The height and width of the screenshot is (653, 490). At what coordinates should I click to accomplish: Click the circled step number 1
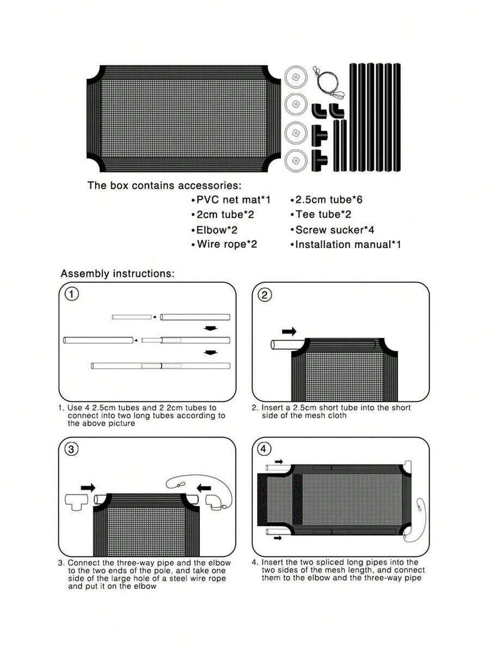(72, 294)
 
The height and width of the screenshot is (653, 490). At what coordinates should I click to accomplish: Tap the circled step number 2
(265, 295)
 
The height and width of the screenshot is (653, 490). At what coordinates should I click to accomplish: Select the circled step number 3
(72, 449)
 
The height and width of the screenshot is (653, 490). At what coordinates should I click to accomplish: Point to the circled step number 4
(264, 449)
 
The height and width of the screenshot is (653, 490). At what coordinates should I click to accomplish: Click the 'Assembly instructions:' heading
(118, 273)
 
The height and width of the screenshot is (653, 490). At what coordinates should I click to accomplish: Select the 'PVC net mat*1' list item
(231, 200)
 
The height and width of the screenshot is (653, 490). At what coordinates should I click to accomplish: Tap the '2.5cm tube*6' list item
(326, 199)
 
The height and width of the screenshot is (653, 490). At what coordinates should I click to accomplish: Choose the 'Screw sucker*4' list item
(332, 230)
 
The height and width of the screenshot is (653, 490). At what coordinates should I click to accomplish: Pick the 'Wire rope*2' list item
(224, 244)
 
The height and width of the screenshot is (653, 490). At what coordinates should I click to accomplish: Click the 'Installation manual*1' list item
(346, 245)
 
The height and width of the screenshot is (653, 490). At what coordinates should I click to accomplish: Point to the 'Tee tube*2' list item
(321, 215)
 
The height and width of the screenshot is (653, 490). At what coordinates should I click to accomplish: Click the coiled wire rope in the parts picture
(328, 83)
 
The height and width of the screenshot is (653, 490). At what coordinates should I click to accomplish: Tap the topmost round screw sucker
(296, 77)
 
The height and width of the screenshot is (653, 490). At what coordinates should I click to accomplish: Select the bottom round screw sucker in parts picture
(296, 160)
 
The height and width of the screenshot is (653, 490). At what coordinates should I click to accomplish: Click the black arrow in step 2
(289, 332)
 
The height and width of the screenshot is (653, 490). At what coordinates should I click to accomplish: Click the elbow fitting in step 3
(216, 501)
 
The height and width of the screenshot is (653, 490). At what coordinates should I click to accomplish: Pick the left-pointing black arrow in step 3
(204, 487)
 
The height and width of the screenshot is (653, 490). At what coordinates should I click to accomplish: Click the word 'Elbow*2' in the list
(217, 230)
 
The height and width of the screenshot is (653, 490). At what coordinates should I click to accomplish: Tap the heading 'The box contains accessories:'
(164, 185)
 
